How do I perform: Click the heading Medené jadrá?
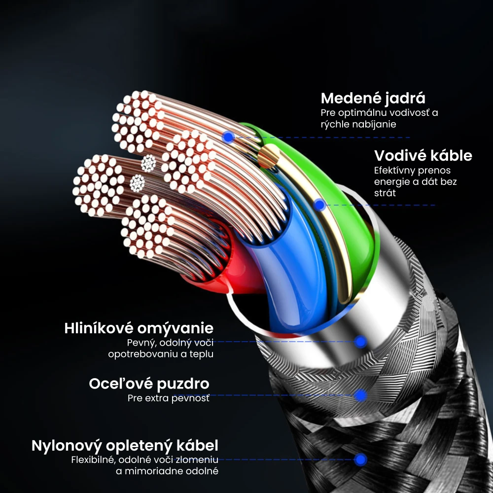pos(373,98)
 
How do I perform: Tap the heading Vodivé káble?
pos(423,156)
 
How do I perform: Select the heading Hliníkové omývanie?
pos(139,328)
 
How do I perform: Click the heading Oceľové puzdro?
pos(149,384)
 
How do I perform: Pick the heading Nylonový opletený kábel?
pos(125,446)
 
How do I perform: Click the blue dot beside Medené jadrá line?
pos(228,137)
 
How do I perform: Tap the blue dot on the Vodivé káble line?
pos(319,205)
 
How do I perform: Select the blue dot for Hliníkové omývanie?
pos(361,341)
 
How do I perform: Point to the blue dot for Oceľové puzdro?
pos(361,395)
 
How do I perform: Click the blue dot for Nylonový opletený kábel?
pos(361,459)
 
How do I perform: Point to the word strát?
pos(385,193)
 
